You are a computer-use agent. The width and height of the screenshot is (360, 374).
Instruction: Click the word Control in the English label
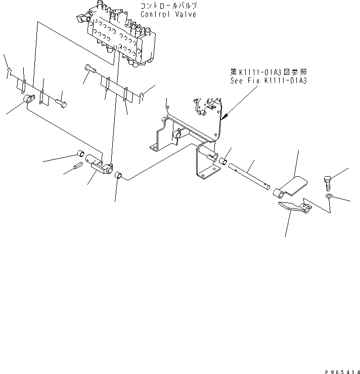click(155, 14)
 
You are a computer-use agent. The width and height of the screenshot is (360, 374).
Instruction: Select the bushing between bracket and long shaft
click(221, 161)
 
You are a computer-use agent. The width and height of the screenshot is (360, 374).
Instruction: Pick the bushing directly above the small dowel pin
click(79, 154)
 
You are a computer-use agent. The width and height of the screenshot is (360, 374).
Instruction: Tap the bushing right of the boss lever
click(119, 176)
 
